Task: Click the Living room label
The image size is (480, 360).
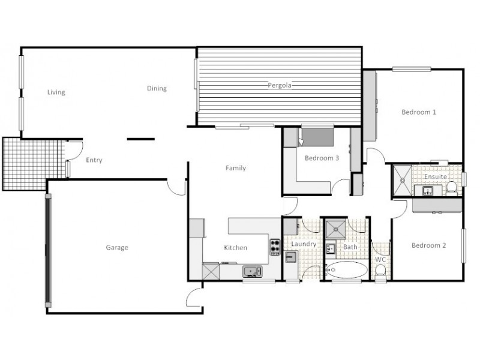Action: click(56, 92)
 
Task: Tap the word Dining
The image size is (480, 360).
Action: click(157, 89)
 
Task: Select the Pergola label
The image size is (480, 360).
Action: click(279, 85)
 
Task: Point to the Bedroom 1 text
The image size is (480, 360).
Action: click(418, 112)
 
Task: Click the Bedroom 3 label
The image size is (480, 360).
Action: click(322, 158)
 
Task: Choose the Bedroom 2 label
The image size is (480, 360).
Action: click(428, 245)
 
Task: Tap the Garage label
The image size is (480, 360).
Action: click(117, 247)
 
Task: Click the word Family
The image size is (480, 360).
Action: click(235, 168)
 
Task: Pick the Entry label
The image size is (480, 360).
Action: click(94, 160)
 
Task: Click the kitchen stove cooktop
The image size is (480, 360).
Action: click(275, 247)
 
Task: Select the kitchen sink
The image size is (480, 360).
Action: click(253, 272)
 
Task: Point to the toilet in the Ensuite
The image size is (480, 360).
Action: click(452, 189)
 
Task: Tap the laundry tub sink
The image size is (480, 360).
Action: click(290, 257)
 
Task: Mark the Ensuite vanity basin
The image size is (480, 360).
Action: click(428, 191)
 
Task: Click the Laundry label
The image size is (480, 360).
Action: click(303, 244)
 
